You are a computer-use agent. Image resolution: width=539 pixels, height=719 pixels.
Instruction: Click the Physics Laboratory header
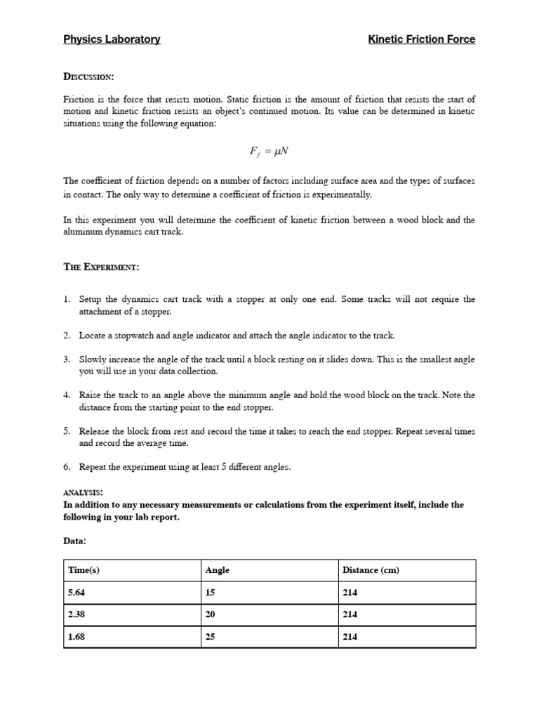click(x=112, y=39)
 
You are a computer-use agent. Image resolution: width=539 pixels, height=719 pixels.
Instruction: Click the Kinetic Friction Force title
click(x=421, y=39)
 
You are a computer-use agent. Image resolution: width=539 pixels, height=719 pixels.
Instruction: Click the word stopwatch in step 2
click(x=136, y=336)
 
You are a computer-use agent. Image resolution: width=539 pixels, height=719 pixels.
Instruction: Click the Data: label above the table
click(x=75, y=541)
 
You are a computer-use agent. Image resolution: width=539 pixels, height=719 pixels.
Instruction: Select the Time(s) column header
click(x=84, y=570)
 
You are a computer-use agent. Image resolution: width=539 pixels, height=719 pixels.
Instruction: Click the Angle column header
click(x=217, y=570)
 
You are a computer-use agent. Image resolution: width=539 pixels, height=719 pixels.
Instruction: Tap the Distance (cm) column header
click(x=371, y=570)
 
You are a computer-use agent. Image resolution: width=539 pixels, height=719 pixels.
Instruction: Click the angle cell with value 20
click(x=210, y=614)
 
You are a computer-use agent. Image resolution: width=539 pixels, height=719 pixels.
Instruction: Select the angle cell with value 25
click(x=210, y=637)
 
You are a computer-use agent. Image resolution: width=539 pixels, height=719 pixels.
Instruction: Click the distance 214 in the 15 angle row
click(x=350, y=593)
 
